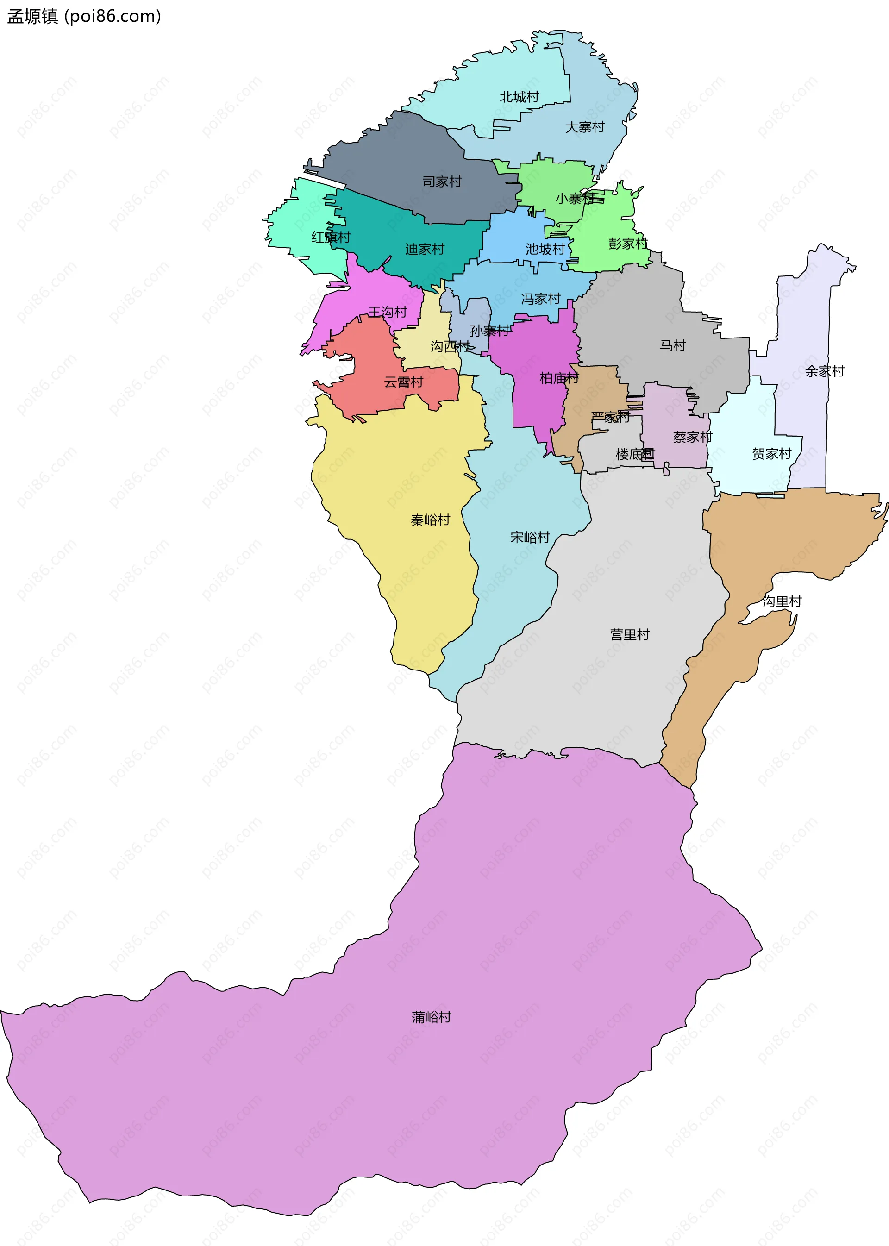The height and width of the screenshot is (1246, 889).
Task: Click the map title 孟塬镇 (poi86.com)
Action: point(84,16)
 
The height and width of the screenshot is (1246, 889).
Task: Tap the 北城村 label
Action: point(519,97)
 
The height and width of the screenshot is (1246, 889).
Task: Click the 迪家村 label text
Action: point(424,250)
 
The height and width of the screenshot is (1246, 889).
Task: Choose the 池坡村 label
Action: point(545,250)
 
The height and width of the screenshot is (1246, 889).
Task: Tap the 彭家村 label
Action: point(627,244)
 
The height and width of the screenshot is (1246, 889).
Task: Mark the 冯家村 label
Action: point(540,299)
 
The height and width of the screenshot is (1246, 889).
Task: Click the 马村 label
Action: point(672,345)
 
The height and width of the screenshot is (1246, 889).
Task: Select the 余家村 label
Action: point(824,371)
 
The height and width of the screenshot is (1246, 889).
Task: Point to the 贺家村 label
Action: point(771,454)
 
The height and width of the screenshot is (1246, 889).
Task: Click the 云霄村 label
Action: point(403,382)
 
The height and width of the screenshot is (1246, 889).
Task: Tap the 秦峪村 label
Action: point(430,520)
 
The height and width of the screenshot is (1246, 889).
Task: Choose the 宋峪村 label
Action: point(529,538)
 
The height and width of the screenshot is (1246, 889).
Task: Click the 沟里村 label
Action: point(782,601)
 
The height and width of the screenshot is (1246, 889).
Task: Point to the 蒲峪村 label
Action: point(432,1017)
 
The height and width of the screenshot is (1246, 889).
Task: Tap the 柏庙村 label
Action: point(559,378)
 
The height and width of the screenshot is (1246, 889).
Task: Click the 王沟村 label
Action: point(388,312)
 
